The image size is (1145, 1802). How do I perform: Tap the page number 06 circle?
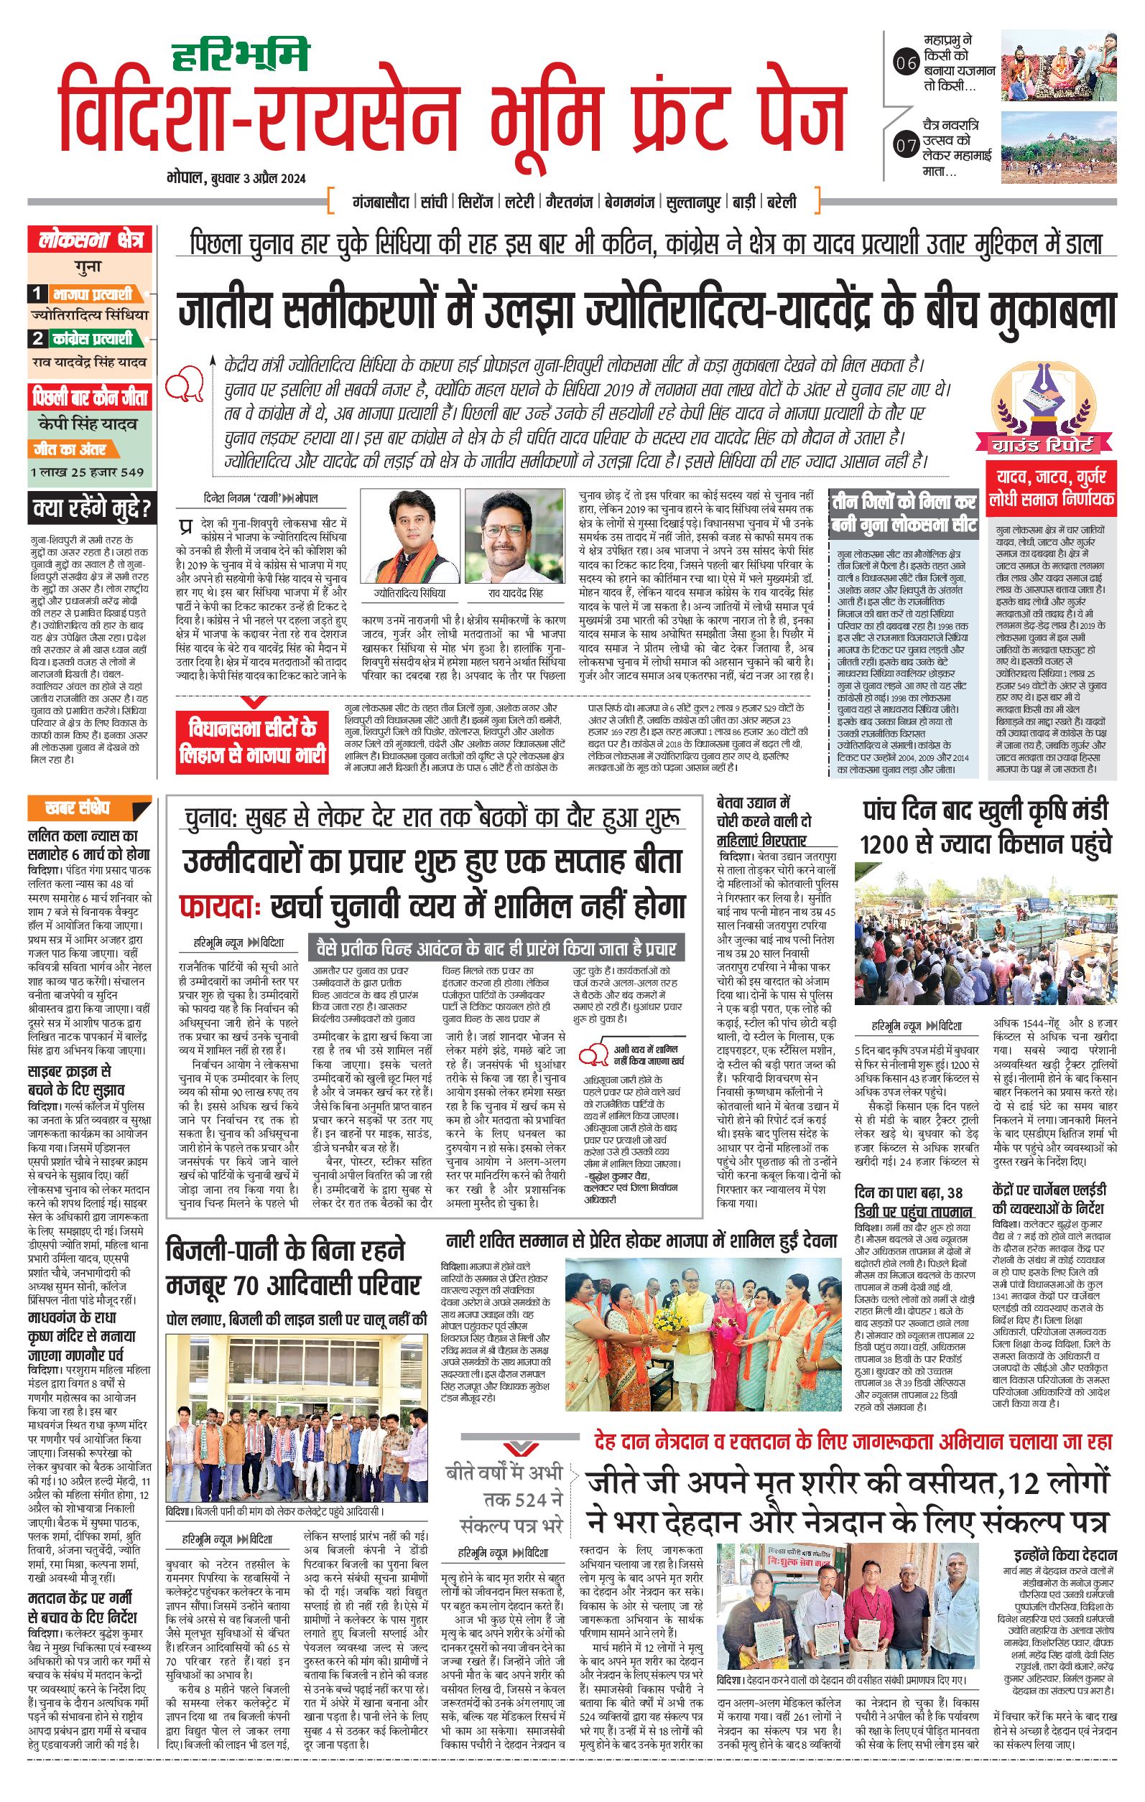click(x=906, y=64)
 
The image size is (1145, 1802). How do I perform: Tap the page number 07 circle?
click(x=906, y=145)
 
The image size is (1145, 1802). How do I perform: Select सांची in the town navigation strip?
click(x=434, y=202)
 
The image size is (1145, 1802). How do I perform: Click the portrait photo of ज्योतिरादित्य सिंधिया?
click(x=409, y=536)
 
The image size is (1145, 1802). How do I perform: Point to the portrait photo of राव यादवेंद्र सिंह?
click(x=514, y=536)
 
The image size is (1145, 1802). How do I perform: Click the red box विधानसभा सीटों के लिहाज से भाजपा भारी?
click(x=252, y=742)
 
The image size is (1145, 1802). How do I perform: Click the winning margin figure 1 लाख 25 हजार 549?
click(x=87, y=472)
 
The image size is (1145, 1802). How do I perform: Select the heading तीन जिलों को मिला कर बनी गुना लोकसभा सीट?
click(x=904, y=513)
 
